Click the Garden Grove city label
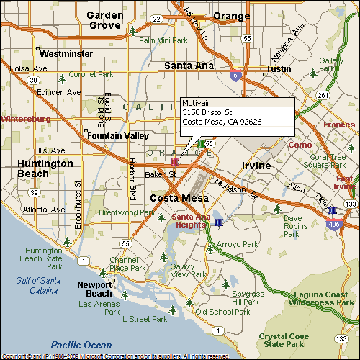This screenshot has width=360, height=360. click(x=104, y=19)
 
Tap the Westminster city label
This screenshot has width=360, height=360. click(x=66, y=53)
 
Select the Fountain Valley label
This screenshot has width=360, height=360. click(x=117, y=135)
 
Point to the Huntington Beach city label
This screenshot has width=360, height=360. click(x=44, y=168)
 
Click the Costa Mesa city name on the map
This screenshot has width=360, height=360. click(x=179, y=198)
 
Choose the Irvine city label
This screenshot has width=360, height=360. click(x=256, y=166)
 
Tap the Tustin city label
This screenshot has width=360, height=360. click(x=278, y=69)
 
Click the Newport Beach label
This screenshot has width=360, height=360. click(x=94, y=289)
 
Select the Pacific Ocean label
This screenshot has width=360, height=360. click(x=81, y=345)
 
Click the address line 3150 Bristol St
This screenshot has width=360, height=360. click(x=207, y=112)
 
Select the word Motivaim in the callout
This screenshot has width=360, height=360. click(x=198, y=103)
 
